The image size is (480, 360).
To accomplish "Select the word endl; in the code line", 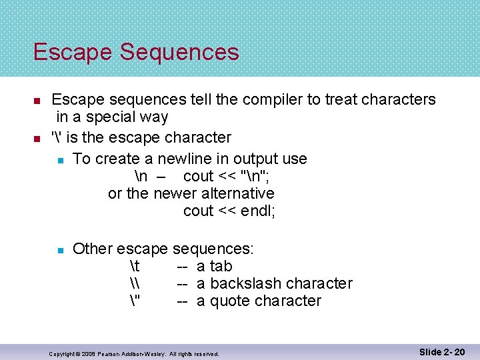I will [256, 211].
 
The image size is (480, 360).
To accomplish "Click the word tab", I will [221, 266].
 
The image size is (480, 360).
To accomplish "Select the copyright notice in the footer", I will [134, 353].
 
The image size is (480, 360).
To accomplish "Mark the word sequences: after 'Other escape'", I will [213, 249].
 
